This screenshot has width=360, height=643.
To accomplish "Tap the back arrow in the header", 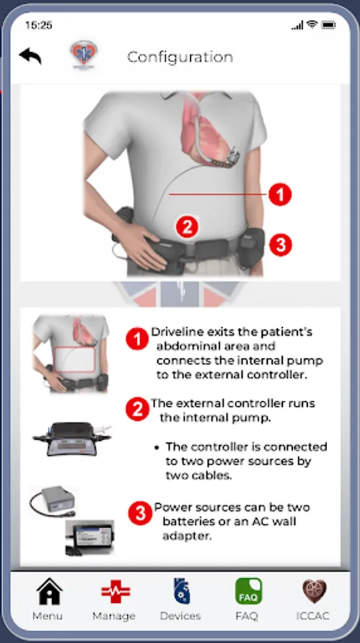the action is coord(30,56).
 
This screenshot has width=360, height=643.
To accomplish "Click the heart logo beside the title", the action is coord(84,54).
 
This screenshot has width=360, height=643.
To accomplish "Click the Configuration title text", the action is coord(180,56).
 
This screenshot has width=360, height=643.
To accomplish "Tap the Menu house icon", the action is coord(49,591).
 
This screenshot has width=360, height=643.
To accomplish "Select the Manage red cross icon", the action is coord(116,591).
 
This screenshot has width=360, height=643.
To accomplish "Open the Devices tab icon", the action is coord(181,591).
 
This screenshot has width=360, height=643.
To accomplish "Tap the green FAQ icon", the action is coord(248,591).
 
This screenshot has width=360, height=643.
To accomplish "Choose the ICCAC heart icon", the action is coord(314,591).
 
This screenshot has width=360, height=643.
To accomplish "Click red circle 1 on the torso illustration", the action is coord(280,194).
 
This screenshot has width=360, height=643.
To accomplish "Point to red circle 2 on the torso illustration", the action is coord(187,226).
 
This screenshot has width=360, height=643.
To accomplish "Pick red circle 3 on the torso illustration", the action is coord(281,245).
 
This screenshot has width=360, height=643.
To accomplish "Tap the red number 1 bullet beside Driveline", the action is coord(137,339).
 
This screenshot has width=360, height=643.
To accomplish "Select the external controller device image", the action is coord(71,439).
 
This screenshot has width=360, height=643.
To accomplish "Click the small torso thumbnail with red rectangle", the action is coord(71,354).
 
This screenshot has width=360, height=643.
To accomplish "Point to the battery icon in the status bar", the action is coord(329,25).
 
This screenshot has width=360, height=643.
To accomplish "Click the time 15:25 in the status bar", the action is coord(39,25).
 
